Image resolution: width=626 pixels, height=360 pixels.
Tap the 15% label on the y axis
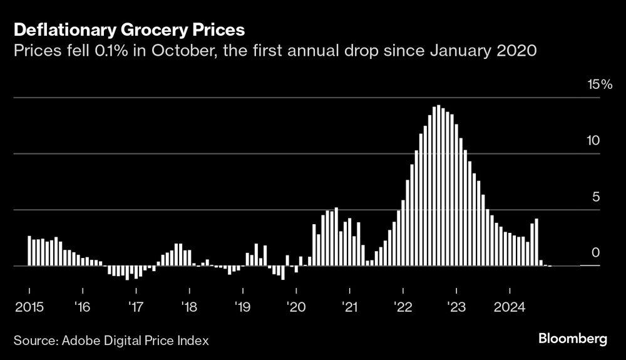(598, 85)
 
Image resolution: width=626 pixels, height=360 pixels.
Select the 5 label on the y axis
(596, 197)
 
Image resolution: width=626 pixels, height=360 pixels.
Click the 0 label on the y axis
(595, 252)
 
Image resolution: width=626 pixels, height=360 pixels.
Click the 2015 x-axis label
(29, 307)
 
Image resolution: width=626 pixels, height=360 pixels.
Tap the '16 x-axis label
(83, 307)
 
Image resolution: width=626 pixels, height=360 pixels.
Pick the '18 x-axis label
(189, 307)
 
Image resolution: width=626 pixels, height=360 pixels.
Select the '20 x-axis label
(296, 307)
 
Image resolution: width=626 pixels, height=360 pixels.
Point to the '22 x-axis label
(403, 307)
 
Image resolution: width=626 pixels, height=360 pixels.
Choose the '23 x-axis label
(456, 307)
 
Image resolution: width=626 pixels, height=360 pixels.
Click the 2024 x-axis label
(510, 307)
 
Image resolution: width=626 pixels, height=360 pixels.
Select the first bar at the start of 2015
(29, 251)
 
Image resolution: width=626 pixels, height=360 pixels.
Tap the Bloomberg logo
(573, 339)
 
